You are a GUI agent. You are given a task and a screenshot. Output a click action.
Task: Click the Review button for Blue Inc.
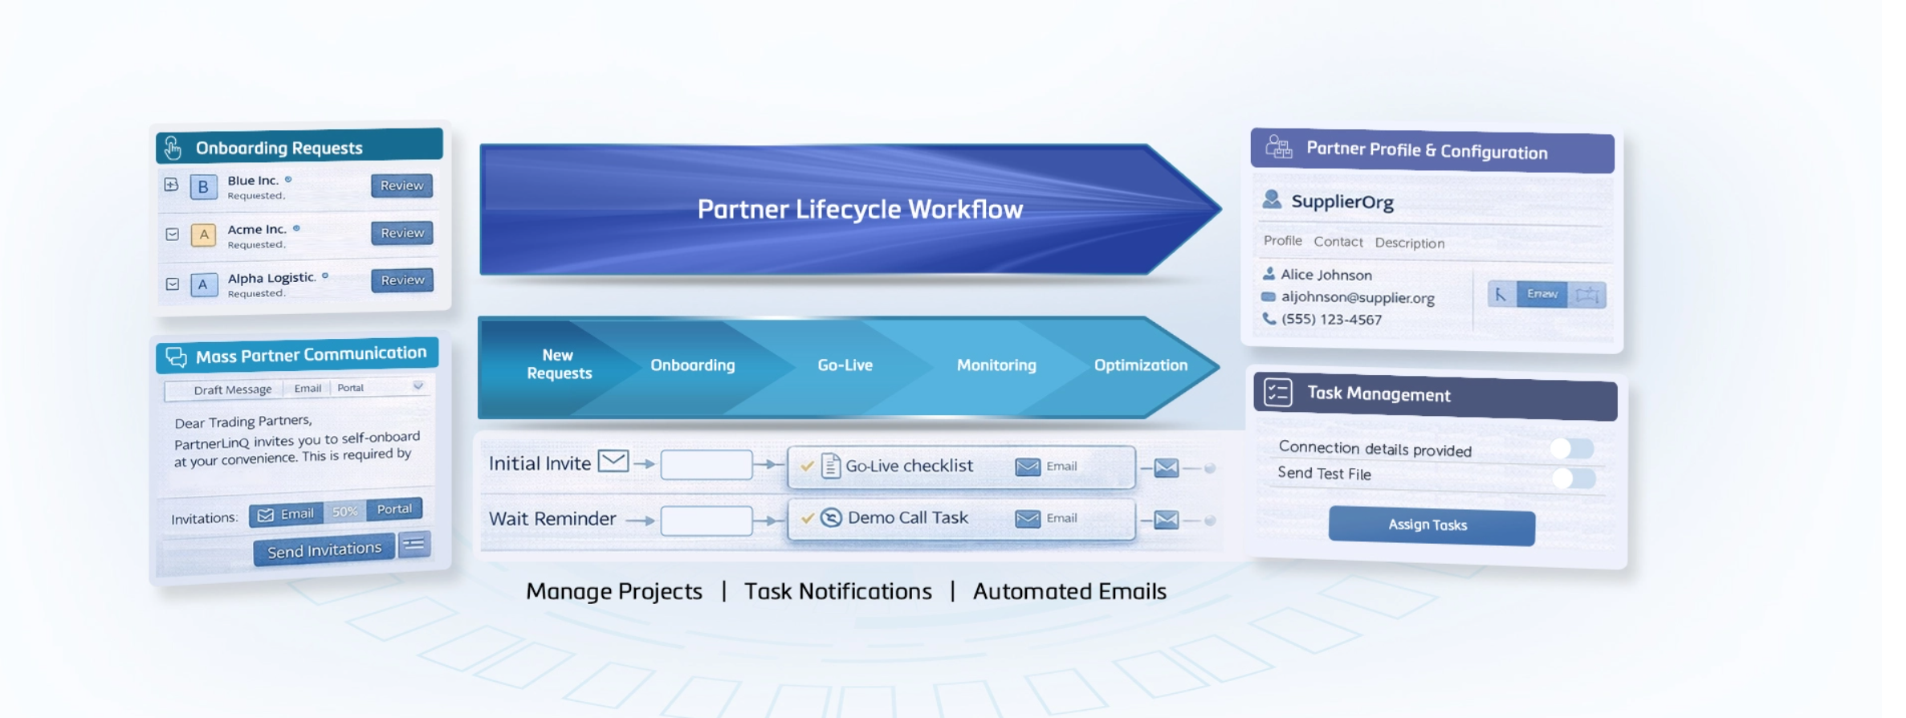tap(401, 186)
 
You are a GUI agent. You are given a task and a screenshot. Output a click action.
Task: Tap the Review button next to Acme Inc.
tap(401, 233)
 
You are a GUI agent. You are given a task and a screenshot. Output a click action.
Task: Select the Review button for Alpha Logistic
tap(401, 280)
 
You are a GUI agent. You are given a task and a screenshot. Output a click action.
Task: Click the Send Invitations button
tap(324, 550)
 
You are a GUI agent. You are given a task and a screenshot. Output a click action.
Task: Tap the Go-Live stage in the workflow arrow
tap(845, 365)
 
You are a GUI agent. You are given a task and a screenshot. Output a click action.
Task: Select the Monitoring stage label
tap(996, 365)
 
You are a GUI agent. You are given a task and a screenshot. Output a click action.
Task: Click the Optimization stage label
tap(1140, 365)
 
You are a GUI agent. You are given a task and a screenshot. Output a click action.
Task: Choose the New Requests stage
tap(559, 365)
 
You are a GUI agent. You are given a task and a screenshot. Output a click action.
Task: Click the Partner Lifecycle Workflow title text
tap(860, 210)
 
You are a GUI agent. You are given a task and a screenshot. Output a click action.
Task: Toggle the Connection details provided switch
tap(1571, 448)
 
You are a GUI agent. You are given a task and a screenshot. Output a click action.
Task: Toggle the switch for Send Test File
tap(1573, 479)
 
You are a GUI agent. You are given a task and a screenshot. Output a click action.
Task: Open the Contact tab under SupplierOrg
tap(1338, 242)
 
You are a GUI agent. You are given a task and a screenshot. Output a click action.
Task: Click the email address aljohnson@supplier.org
tap(1357, 298)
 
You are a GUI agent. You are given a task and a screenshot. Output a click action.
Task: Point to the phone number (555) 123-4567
tap(1331, 320)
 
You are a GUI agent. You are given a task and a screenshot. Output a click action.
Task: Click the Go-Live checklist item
tap(908, 466)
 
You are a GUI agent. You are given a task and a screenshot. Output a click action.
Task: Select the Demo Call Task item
tap(907, 518)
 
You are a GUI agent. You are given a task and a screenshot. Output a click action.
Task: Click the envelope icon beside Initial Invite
tap(613, 461)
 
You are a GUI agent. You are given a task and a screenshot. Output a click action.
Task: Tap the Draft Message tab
tap(233, 390)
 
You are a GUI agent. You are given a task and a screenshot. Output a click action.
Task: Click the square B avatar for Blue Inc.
tap(203, 187)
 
